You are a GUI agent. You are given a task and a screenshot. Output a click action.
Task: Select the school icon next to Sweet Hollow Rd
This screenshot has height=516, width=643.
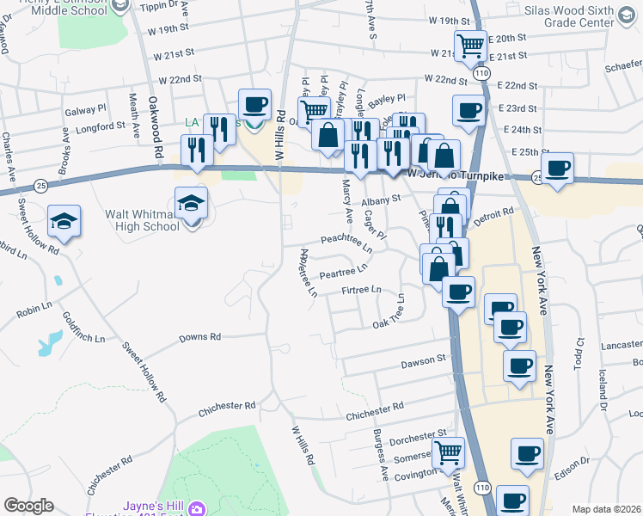tap(64, 222)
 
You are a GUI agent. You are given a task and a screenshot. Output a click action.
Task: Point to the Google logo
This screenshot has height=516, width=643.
tap(28, 506)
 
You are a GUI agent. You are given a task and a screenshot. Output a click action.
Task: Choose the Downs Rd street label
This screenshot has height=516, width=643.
tap(200, 337)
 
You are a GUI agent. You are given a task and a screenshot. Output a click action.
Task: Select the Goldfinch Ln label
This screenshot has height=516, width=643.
tap(73, 326)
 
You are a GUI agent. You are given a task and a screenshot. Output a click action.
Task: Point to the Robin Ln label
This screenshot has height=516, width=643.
tap(35, 307)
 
